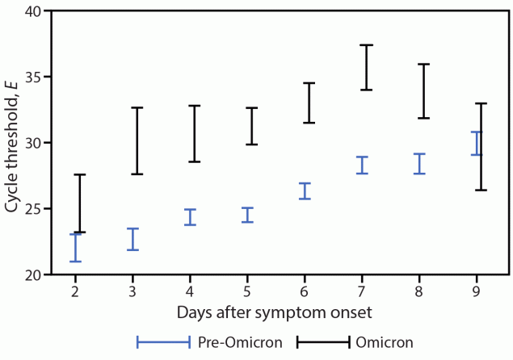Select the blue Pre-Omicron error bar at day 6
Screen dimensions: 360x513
coord(305,190)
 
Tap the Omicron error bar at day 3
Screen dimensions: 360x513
coord(137,140)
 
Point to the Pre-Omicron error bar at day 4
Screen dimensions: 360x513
coord(190,217)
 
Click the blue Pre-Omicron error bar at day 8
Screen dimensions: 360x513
coord(419,164)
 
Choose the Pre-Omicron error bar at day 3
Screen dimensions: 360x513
coord(132,239)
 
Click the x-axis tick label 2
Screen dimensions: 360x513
coord(75,291)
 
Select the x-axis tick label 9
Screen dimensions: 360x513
coord(477,291)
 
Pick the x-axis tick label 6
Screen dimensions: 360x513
coord(305,291)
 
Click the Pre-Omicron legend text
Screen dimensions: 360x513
coord(240,342)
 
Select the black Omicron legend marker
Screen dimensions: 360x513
coord(323,342)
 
